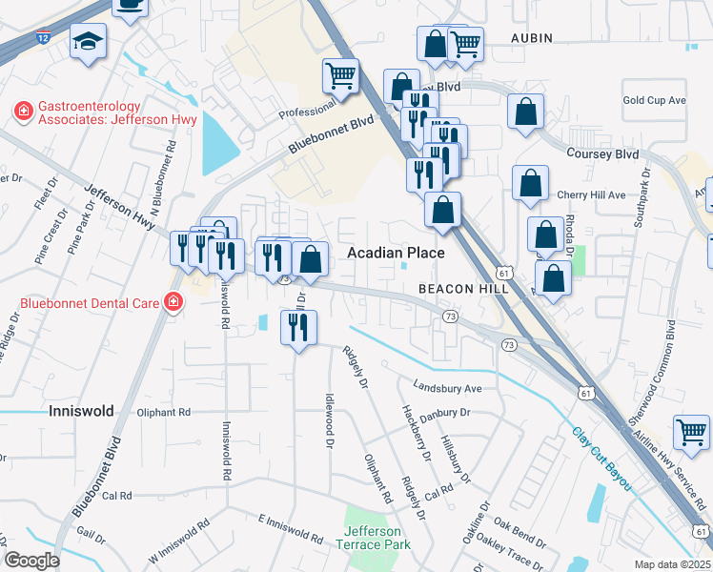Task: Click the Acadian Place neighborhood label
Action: [396, 253]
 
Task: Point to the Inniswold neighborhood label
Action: [81, 411]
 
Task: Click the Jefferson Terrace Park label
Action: [377, 538]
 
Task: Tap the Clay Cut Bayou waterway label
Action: [602, 459]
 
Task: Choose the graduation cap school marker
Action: [89, 42]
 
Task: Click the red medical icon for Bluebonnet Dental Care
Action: [173, 303]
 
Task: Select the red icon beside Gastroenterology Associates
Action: [21, 112]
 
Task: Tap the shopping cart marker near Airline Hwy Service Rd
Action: [691, 431]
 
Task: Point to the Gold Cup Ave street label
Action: [654, 100]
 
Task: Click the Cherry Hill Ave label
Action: [591, 194]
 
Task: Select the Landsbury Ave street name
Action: [447, 388]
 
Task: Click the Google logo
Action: [31, 560]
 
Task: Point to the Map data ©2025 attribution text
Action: [671, 564]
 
